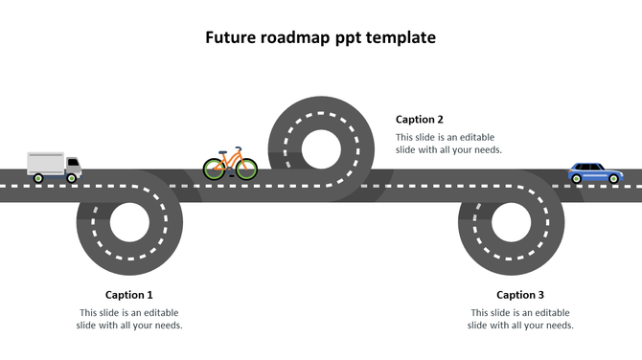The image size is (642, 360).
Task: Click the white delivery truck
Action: pos(54,167)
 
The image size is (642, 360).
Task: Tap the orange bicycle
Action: pos(230,165)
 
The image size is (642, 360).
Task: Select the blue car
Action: pos(594,172)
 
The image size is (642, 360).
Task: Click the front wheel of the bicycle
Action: pos(246,170)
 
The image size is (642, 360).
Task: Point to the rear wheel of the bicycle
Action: pos(215,170)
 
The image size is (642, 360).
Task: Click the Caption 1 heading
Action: pos(128,295)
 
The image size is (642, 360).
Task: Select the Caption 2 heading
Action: pos(420,120)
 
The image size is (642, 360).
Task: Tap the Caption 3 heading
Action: pos(520,295)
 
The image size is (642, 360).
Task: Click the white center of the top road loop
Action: pos(321,148)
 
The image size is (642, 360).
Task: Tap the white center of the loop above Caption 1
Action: pos(129,222)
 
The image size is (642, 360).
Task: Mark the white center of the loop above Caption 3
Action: pos(512,222)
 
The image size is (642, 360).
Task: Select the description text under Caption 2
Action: pos(448,144)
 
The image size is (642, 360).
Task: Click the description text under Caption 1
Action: pos(129,319)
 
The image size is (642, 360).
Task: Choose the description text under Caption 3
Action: pos(520,319)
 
